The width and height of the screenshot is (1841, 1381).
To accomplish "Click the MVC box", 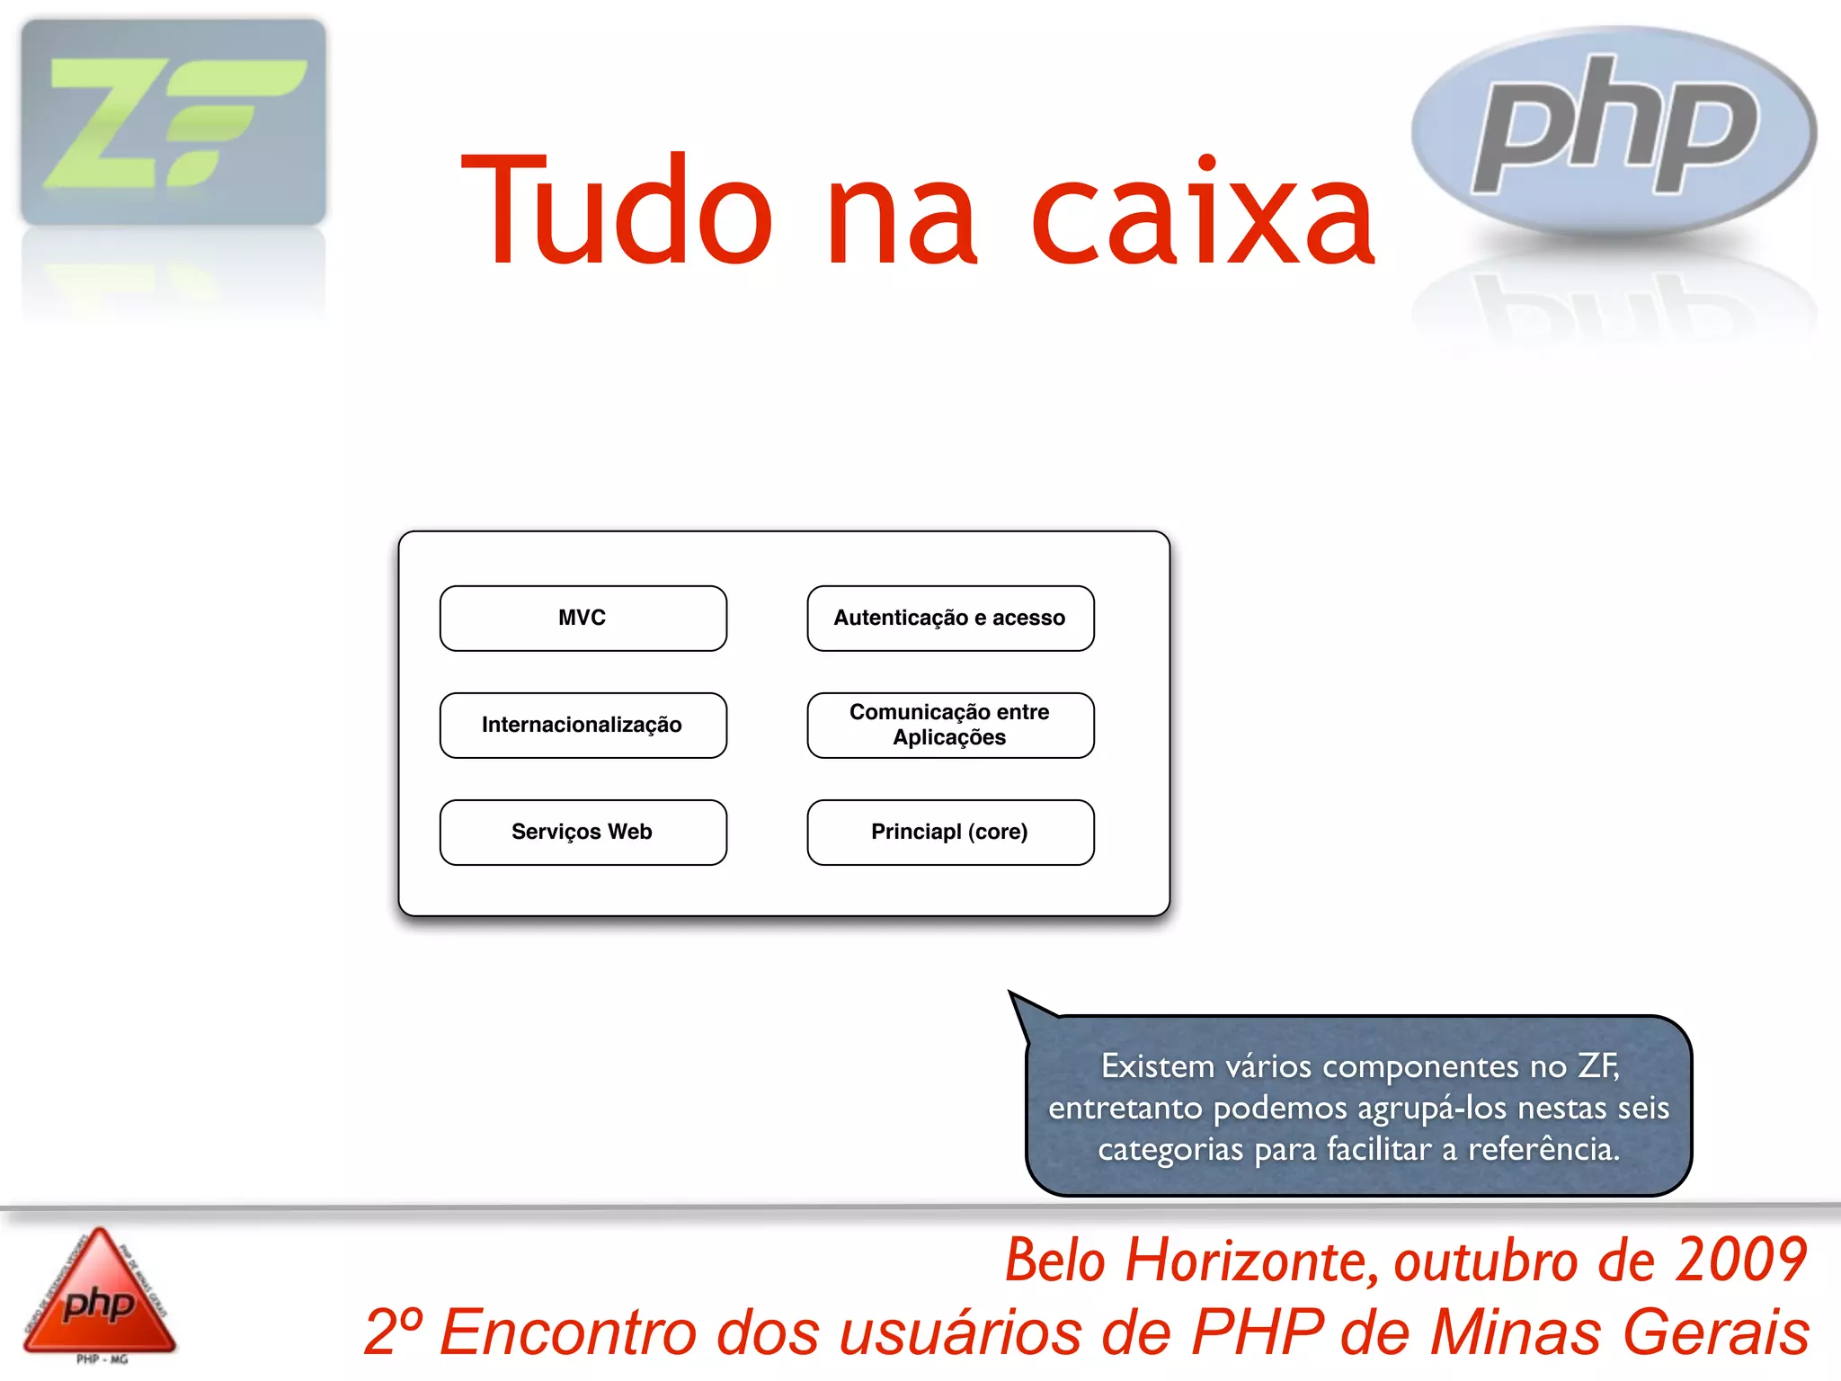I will click(583, 618).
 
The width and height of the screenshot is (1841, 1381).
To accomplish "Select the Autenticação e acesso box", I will click(950, 618).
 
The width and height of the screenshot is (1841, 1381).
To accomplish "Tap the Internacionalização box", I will click(583, 725).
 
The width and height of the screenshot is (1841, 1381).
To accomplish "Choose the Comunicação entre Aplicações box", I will click(950, 725).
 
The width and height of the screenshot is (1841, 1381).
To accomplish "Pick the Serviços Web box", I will click(583, 832).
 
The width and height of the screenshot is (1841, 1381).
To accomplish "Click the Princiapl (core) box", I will click(950, 832).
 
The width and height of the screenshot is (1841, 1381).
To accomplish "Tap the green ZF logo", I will click(173, 122).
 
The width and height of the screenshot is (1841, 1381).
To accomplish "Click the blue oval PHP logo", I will click(1614, 130).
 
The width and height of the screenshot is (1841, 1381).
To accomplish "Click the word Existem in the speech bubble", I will click(1158, 1066).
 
